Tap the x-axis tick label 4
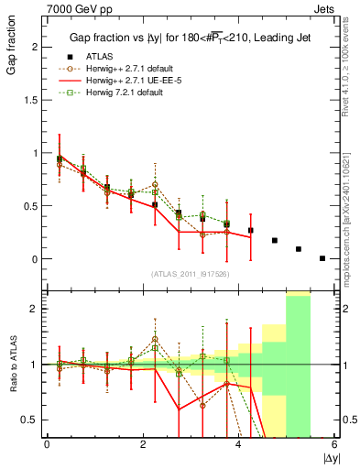tap(238, 444)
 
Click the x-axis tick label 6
tap(334, 444)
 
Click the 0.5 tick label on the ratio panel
tap(31, 420)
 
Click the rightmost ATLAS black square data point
tap(322, 258)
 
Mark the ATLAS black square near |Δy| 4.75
tap(275, 241)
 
